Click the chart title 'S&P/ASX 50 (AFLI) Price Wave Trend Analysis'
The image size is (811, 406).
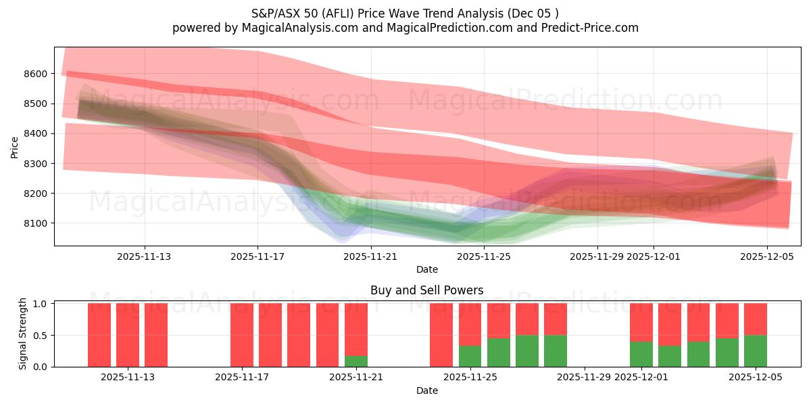coord(405,13)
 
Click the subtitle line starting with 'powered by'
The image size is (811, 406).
coord(405,28)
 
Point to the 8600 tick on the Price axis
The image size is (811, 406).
coord(37,74)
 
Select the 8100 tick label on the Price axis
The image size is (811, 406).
coord(37,223)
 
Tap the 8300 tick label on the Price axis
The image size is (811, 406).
coord(37,164)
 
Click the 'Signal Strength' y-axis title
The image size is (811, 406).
coord(23,334)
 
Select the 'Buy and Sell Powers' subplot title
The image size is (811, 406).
coord(426,290)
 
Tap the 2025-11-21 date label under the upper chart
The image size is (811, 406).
coord(371,256)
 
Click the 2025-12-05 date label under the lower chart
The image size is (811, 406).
coord(755,377)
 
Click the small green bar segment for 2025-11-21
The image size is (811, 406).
coord(356,361)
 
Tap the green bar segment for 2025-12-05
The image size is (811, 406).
coord(755,351)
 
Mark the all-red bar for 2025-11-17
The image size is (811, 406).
coord(242,335)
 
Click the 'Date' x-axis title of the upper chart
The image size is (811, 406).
coord(426,269)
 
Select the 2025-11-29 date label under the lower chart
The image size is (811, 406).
coord(584,377)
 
